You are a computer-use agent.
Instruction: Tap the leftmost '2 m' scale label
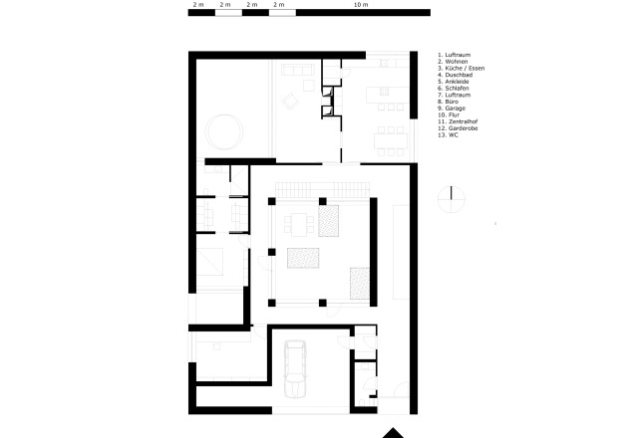pos(196,5)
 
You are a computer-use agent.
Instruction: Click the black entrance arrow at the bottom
pos(397,433)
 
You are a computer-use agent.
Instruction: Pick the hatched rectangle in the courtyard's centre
pos(302,257)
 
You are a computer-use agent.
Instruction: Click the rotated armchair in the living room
pos(290,101)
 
